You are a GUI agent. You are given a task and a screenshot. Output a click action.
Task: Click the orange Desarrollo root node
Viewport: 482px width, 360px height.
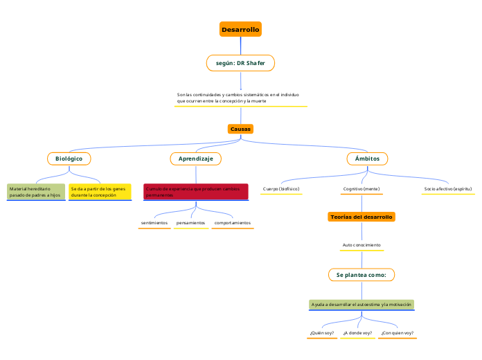240,30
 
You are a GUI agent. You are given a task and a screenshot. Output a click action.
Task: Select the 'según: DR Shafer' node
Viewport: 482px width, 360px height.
240,63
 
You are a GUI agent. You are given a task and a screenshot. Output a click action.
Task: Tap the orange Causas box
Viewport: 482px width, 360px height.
240,129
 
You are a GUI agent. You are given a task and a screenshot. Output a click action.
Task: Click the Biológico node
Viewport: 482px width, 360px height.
69,159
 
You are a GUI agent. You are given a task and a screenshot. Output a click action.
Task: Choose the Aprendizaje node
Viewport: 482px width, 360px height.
196,159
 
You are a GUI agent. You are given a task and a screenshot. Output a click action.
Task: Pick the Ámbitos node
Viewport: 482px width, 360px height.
367,159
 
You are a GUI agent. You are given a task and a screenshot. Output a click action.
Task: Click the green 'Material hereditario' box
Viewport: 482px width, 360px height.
35,192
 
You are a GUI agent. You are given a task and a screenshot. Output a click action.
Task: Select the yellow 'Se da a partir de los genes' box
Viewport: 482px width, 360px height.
100,192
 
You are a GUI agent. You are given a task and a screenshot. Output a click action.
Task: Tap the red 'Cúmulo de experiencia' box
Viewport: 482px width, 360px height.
195,192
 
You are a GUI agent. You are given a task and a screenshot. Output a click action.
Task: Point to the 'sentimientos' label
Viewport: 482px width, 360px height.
154,223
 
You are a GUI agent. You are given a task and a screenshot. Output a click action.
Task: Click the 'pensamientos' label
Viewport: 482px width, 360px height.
190,223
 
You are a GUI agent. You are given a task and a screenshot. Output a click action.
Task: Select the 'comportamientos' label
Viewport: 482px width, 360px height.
233,223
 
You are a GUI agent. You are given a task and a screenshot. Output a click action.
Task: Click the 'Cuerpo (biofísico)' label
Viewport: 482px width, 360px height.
281,188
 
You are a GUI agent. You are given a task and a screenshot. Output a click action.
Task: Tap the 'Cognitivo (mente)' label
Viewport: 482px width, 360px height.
361,188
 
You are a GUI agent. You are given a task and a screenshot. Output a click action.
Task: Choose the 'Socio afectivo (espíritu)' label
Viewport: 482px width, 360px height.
448,188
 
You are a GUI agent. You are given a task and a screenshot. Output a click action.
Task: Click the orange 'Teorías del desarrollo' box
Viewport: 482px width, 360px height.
361,217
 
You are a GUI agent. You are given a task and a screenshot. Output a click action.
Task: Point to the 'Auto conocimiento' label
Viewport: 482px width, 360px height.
361,245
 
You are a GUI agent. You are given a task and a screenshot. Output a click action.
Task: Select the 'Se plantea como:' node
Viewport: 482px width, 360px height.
361,275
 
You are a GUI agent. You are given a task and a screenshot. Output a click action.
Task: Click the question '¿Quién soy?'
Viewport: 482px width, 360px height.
321,333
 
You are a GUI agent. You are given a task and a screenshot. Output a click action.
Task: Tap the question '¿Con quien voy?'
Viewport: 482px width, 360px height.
397,333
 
